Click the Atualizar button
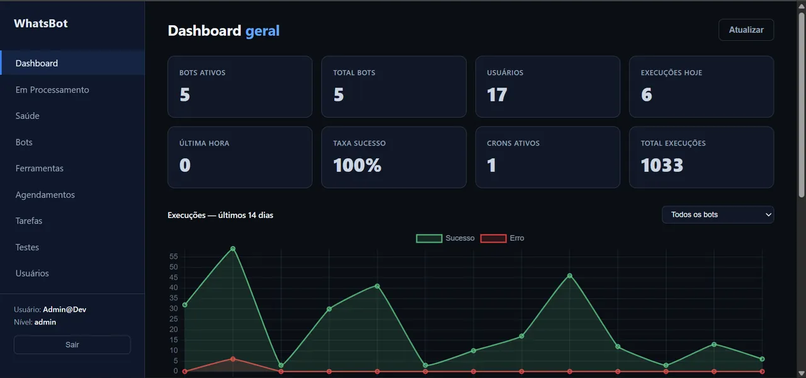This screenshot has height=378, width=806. tap(746, 30)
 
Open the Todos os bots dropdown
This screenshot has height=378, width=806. tap(717, 215)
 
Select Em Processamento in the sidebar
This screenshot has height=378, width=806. tap(52, 89)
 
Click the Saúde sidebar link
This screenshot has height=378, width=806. tap(27, 115)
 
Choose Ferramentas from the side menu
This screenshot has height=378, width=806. tap(39, 168)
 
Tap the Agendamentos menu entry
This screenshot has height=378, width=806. tap(45, 195)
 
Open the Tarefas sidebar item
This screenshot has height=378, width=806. tap(29, 220)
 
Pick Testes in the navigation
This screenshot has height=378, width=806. tap(27, 247)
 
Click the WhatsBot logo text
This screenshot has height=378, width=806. tap(41, 23)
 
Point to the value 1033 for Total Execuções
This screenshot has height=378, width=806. tap(662, 165)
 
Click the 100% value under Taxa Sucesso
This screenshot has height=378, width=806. tap(357, 165)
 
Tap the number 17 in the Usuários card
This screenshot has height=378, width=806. tap(497, 94)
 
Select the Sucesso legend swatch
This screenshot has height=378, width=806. tap(429, 238)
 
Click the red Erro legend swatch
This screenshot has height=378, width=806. tap(493, 238)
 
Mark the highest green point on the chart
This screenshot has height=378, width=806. tap(233, 249)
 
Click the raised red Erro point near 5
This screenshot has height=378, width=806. tap(233, 359)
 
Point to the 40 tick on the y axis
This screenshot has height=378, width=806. tap(173, 288)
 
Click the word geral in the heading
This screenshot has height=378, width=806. tap(263, 31)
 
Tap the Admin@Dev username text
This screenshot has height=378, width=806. tap(64, 309)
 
